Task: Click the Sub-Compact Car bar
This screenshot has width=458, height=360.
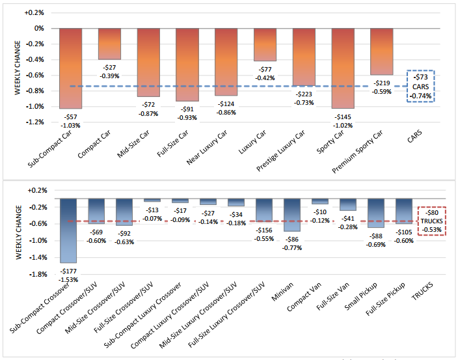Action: pyautogui.click(x=71, y=68)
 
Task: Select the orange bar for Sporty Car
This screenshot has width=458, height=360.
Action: pyautogui.click(x=342, y=68)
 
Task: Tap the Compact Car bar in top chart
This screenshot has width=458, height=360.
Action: pyautogui.click(x=109, y=44)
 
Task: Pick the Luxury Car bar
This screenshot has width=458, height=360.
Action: pyautogui.click(x=265, y=44)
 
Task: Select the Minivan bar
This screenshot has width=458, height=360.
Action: pyautogui.click(x=291, y=215)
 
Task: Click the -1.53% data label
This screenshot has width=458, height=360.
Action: pyautogui.click(x=68, y=278)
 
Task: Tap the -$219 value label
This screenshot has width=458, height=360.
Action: pyautogui.click(x=381, y=83)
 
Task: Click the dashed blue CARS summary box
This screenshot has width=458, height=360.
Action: pyautogui.click(x=421, y=86)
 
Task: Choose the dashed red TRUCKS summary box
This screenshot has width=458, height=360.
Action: pyautogui.click(x=431, y=221)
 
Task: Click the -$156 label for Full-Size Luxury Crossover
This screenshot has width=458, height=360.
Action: pyautogui.click(x=265, y=230)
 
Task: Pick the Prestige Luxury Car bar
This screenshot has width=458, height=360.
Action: pyautogui.click(x=303, y=57)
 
